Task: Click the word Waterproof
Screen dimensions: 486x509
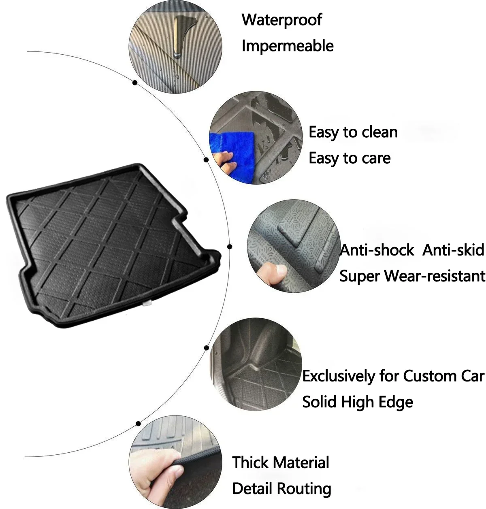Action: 282,20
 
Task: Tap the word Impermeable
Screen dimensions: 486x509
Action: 288,46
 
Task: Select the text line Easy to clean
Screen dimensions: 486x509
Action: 353,132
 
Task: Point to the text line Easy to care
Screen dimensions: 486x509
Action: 350,158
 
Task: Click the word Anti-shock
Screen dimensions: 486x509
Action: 377,250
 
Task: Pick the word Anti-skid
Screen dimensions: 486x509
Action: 453,250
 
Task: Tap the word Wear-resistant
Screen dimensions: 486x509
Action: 435,276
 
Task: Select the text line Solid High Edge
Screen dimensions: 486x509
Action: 358,402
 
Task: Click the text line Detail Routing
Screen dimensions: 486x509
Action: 282,488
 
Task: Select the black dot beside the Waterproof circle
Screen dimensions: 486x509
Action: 135,83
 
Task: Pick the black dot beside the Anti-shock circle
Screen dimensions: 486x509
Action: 230,247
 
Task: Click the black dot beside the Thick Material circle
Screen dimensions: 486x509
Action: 139,424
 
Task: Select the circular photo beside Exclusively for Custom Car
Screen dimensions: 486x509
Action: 256,364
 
